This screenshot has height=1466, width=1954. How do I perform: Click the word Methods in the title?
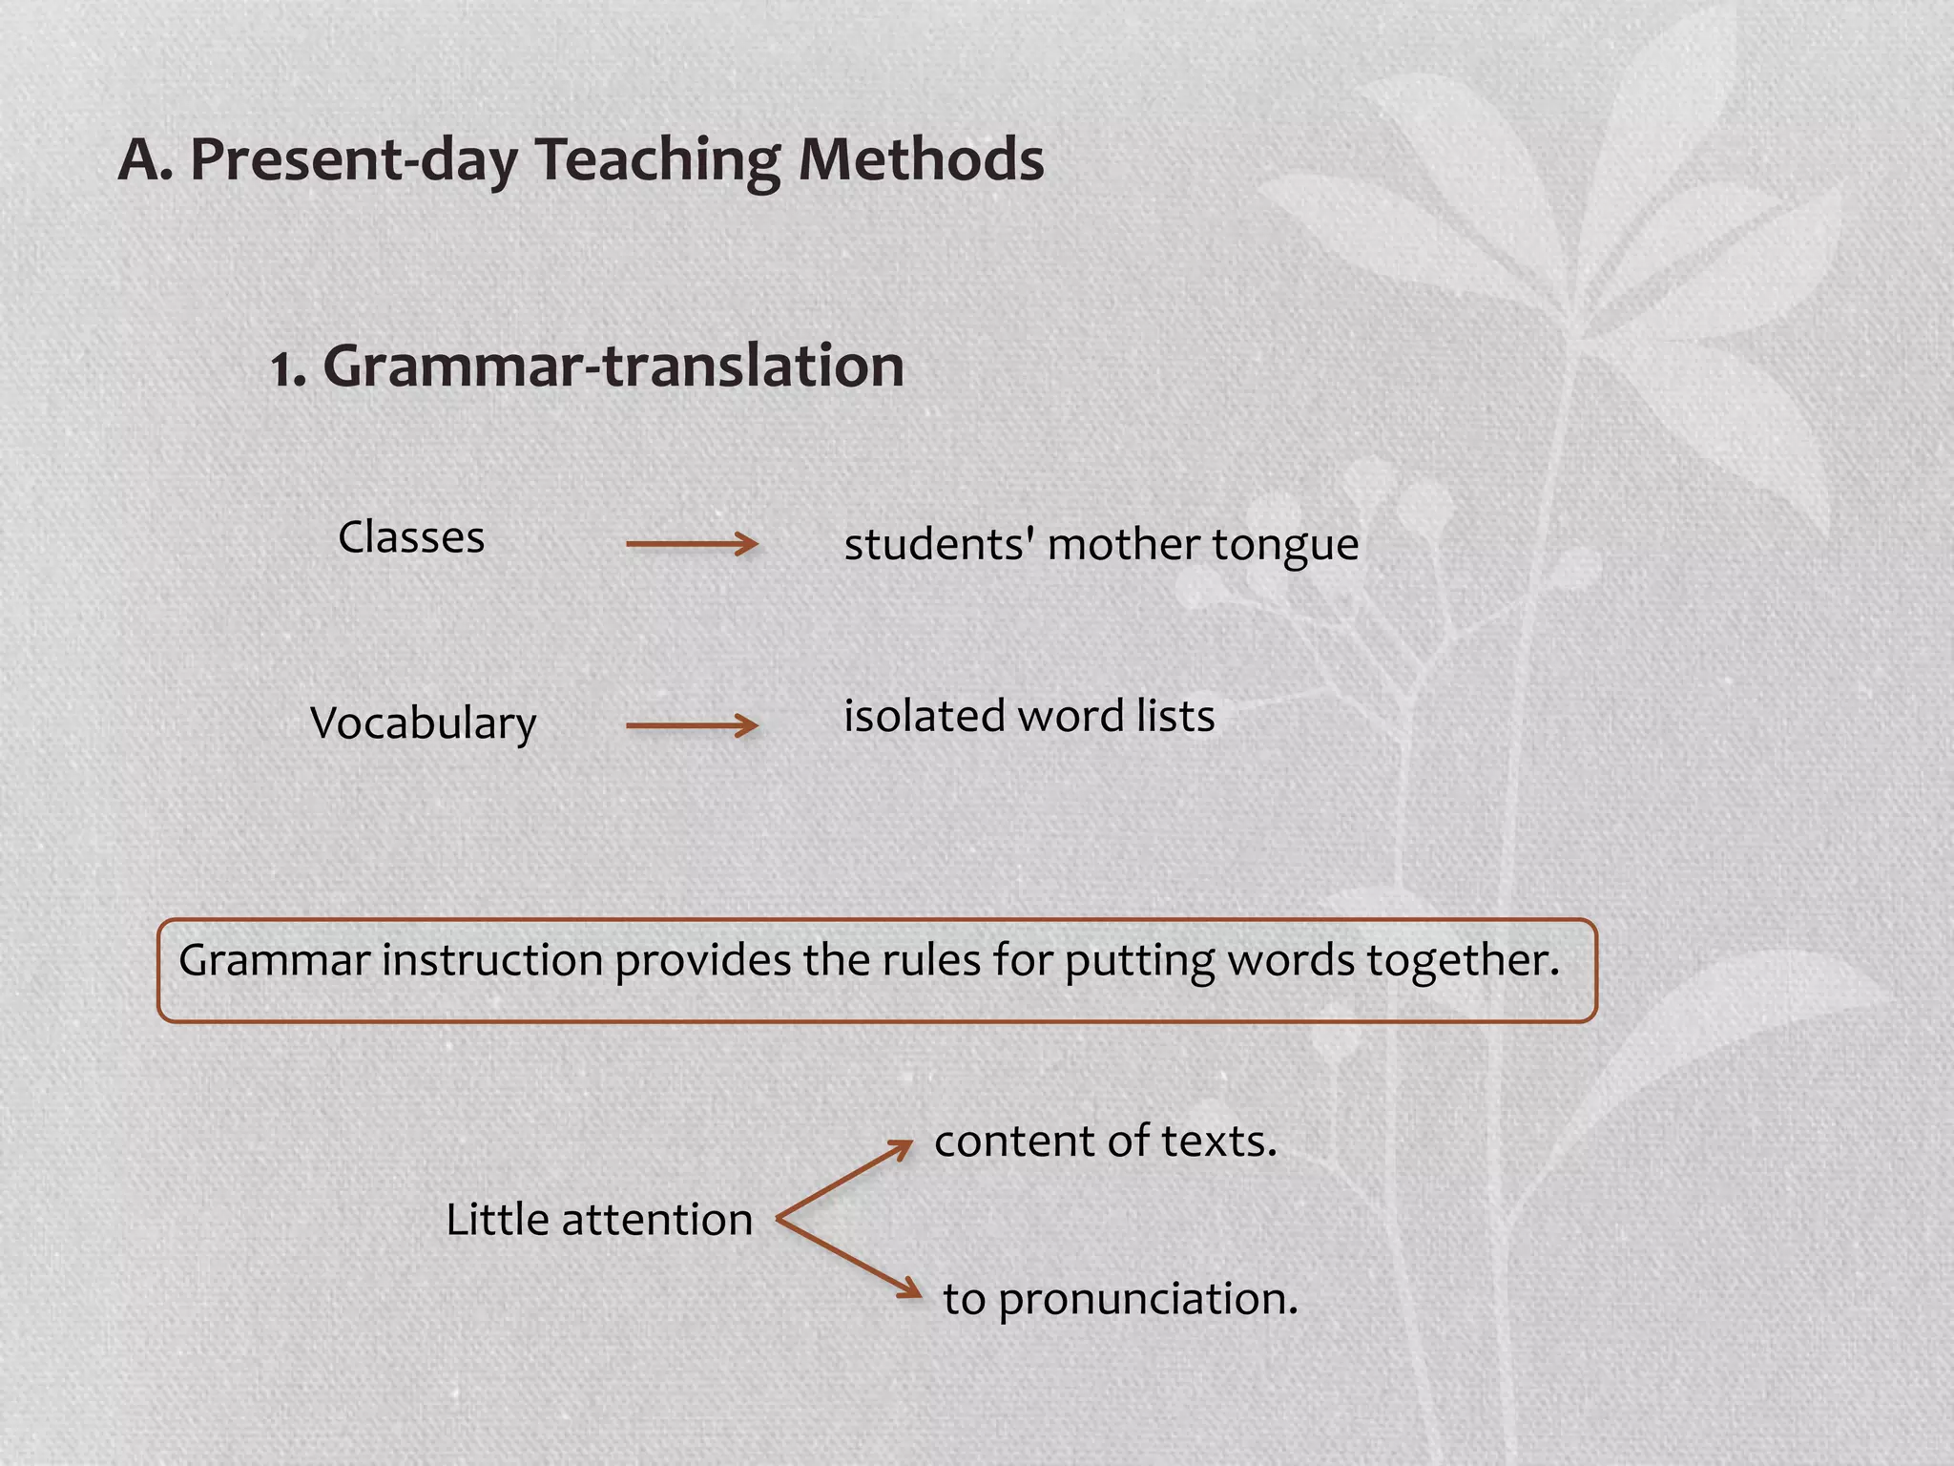pyautogui.click(x=921, y=159)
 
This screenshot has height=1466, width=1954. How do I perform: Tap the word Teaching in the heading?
pyautogui.click(x=656, y=161)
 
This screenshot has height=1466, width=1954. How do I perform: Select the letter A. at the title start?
pyautogui.click(x=145, y=159)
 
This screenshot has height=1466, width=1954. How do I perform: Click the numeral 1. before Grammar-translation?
pyautogui.click(x=288, y=369)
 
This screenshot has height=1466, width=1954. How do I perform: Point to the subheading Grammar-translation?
pyautogui.click(x=613, y=366)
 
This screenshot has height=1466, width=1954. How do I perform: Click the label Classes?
pyautogui.click(x=411, y=537)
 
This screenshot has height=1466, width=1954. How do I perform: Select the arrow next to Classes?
pyautogui.click(x=692, y=544)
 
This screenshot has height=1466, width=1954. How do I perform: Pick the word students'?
pyautogui.click(x=940, y=545)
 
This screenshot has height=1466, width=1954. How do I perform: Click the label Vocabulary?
pyautogui.click(x=424, y=723)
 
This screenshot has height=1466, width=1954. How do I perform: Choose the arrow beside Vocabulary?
pyautogui.click(x=692, y=725)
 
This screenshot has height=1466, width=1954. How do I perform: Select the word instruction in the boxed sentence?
pyautogui.click(x=492, y=960)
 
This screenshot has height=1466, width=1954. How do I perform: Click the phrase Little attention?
pyautogui.click(x=599, y=1220)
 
